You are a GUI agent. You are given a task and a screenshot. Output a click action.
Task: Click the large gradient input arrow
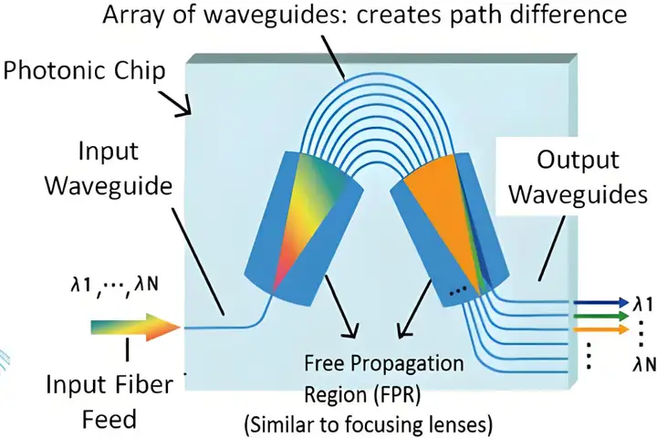click(x=135, y=327)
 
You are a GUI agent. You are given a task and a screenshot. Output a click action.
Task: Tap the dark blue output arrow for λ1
click(x=601, y=302)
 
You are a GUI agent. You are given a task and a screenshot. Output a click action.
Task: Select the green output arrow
click(x=601, y=316)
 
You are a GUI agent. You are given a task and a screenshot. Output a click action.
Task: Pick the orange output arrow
click(x=601, y=329)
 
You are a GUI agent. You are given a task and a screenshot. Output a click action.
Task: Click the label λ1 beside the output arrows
click(x=642, y=304)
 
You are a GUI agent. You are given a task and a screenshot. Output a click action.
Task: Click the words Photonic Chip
click(x=84, y=71)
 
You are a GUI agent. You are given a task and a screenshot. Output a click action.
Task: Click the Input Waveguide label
click(x=109, y=168)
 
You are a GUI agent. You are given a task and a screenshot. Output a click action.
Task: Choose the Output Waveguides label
click(x=579, y=177)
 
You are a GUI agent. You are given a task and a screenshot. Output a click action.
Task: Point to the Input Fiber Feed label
click(x=109, y=401)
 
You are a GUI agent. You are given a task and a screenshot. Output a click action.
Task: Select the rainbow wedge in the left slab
click(x=308, y=219)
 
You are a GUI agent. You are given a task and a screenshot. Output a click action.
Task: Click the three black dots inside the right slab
click(x=457, y=290)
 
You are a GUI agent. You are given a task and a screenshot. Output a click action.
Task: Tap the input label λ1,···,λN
click(x=114, y=286)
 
